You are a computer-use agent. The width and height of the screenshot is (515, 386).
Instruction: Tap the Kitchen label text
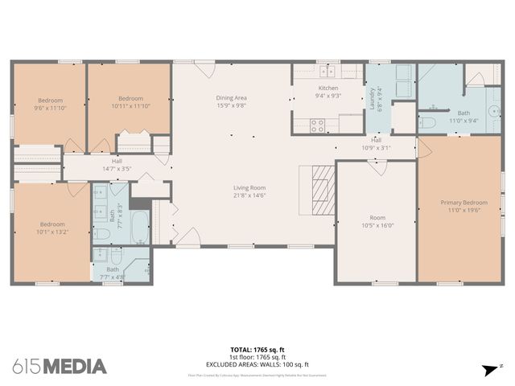point(328,88)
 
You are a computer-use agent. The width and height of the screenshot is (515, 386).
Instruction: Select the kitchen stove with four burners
point(317,125)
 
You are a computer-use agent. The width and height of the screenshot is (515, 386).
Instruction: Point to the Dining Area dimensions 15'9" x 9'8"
point(231,105)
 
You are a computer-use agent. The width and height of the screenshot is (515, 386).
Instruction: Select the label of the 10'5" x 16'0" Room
point(377,217)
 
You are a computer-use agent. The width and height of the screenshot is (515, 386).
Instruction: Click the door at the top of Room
point(376,165)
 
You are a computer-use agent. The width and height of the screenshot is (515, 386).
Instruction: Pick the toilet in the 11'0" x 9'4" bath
point(427,123)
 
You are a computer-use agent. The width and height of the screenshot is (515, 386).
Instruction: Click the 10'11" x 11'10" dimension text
point(130,105)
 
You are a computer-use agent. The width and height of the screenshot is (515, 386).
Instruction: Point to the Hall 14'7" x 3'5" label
point(117,161)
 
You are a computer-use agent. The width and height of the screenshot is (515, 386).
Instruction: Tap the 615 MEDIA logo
point(60,366)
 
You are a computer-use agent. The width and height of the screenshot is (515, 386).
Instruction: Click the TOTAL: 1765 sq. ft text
point(257,350)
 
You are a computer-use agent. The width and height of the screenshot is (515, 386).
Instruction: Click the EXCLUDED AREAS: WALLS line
point(257,364)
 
